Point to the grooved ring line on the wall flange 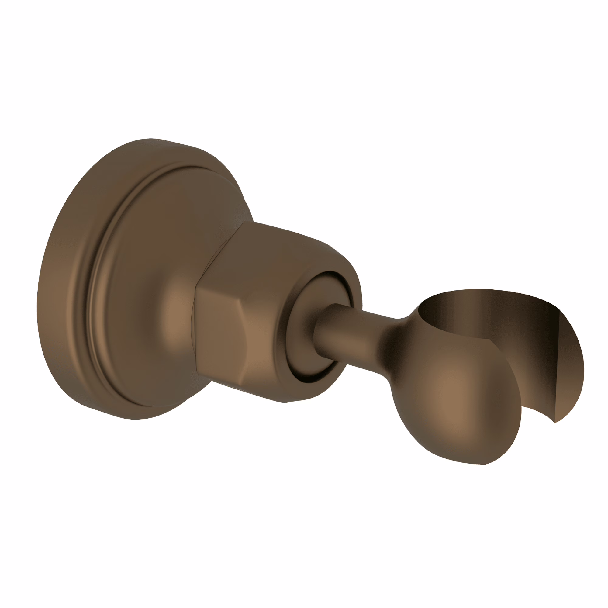click(x=95, y=283)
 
